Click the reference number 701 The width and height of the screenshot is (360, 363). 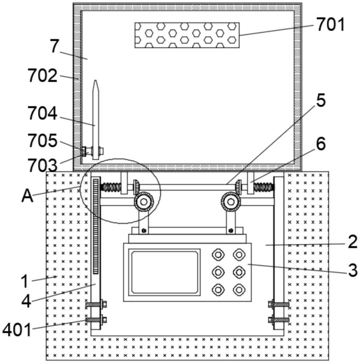click(331, 25)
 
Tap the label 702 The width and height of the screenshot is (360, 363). click(43, 76)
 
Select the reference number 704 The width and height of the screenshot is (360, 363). click(43, 113)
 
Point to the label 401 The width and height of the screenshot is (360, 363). click(17, 330)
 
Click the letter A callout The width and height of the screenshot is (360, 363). click(27, 196)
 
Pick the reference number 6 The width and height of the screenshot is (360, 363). click(321, 144)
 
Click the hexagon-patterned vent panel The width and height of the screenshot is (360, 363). click(187, 35)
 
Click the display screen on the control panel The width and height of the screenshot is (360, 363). click(165, 272)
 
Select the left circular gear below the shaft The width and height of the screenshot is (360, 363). click(144, 201)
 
